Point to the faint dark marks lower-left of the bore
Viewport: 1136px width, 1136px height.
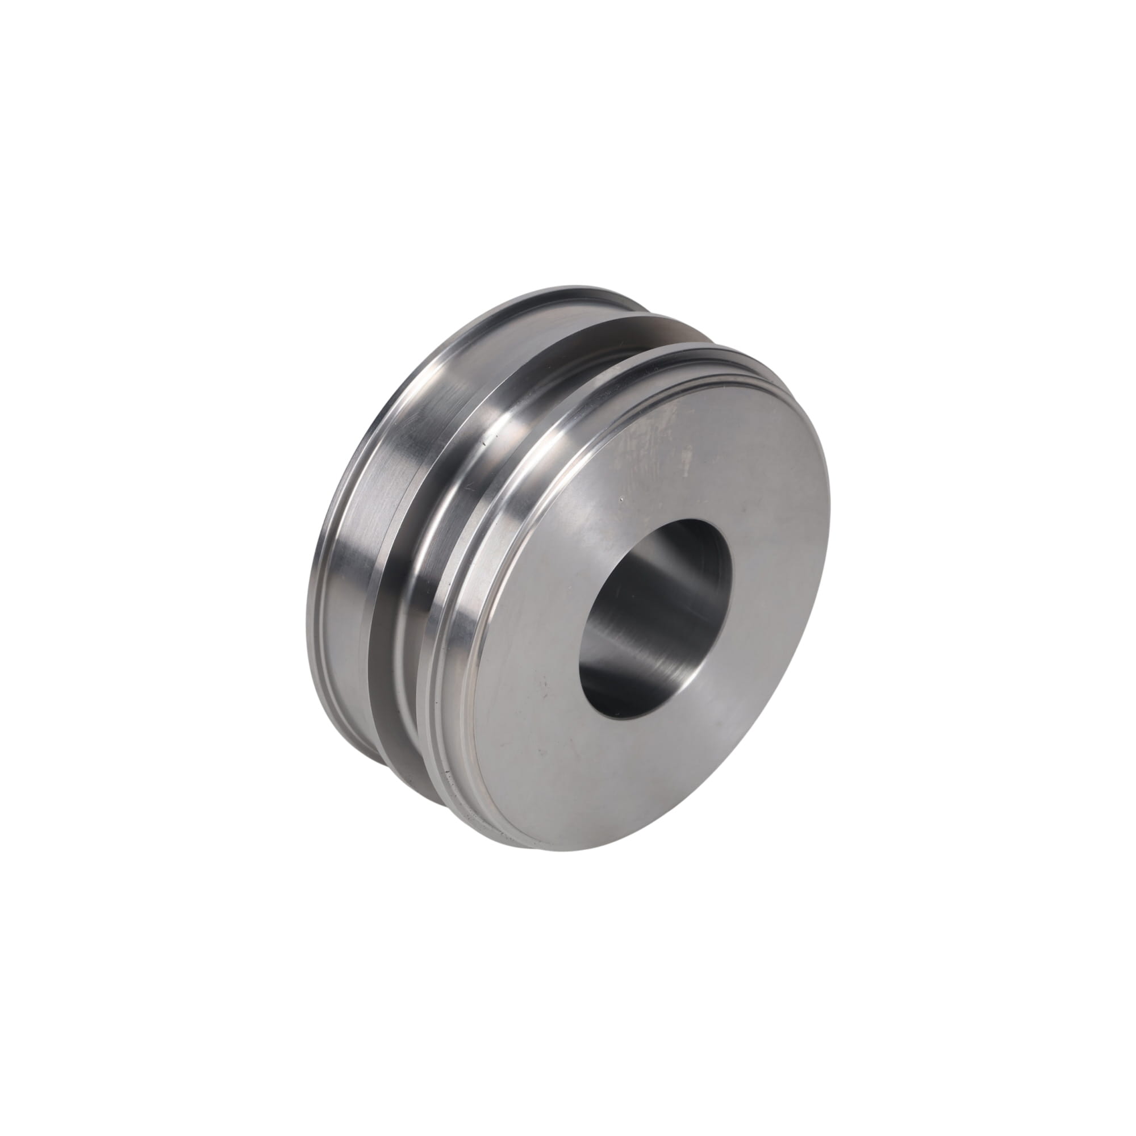[547, 682]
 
